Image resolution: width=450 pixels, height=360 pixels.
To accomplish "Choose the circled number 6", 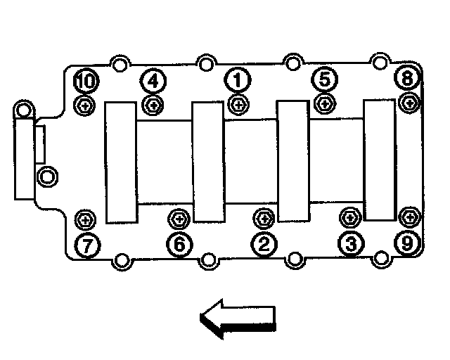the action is point(178,244).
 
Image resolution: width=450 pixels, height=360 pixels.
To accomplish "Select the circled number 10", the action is point(86,81).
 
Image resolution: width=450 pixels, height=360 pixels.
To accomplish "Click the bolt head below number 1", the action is point(238,105).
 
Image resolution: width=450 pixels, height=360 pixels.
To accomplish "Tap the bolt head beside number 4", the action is point(153,105).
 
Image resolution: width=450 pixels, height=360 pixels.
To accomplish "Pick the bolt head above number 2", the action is point(264,218).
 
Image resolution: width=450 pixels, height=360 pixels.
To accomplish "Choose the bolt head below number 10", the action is point(85,106).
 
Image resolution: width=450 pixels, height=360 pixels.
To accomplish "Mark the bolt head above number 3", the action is point(349,217).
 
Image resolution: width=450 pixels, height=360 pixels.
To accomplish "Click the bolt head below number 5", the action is point(324,104).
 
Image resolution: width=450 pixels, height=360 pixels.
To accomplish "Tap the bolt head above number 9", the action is point(408,217).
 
